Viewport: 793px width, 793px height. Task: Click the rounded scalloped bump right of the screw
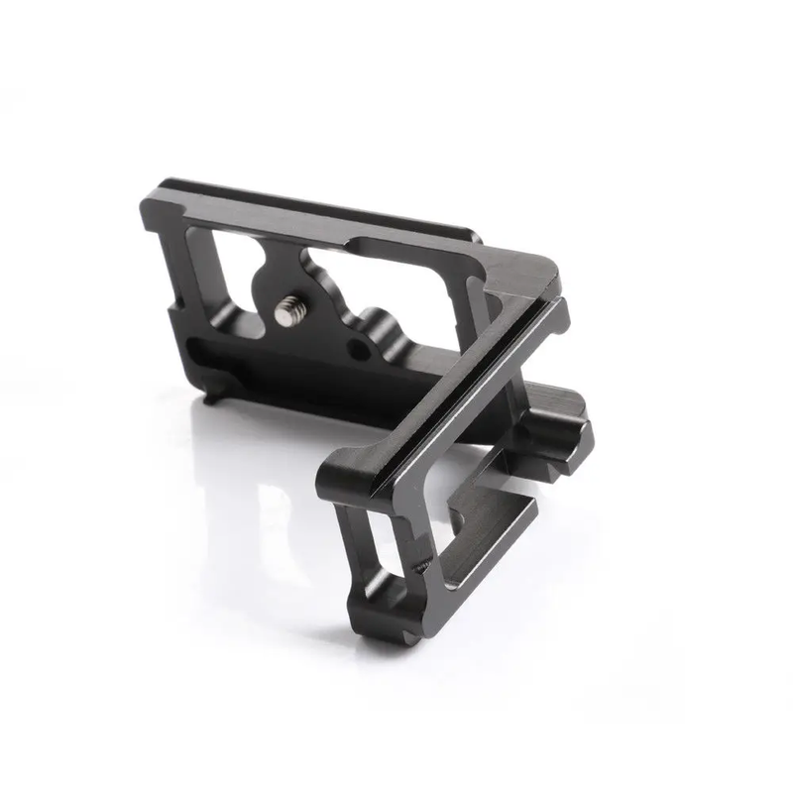[375, 322]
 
